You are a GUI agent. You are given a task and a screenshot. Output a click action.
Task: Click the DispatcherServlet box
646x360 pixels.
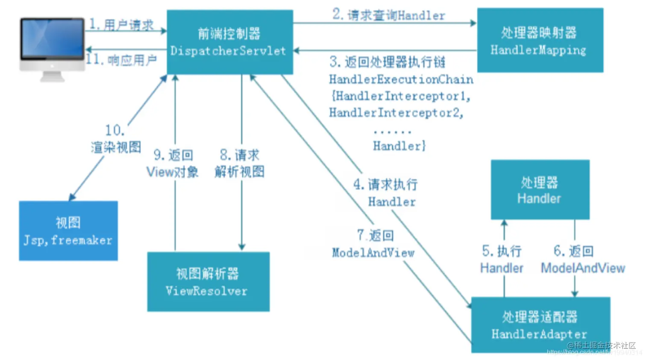[229, 42]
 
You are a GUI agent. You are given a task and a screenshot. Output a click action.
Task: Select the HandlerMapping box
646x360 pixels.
[540, 40]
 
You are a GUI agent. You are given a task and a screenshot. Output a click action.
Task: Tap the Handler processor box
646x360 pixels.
[540, 189]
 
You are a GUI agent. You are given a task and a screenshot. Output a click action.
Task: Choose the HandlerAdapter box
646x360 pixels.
[540, 325]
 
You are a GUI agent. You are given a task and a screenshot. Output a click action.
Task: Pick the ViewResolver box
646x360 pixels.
[208, 282]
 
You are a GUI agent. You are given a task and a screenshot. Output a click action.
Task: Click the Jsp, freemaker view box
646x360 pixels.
[68, 231]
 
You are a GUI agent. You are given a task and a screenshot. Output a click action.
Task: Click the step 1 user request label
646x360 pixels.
[121, 24]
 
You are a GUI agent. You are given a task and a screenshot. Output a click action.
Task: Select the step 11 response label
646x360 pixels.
[121, 60]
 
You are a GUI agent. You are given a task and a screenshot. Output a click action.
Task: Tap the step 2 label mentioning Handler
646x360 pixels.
[388, 15]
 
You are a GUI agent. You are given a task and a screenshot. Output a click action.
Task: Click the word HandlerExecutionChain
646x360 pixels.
[401, 80]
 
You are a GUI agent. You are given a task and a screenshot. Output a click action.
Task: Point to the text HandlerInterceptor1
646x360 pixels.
[401, 96]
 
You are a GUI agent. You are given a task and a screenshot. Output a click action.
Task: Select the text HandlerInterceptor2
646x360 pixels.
[396, 113]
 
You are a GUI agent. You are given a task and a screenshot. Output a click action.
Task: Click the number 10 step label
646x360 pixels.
[115, 130]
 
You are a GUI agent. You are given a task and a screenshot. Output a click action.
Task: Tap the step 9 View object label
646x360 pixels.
[173, 163]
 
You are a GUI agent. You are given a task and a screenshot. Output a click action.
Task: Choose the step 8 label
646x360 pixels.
[239, 163]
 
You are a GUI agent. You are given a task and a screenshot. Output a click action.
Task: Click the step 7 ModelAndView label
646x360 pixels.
[373, 244]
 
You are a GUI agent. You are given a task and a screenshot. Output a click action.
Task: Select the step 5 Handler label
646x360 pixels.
[502, 260]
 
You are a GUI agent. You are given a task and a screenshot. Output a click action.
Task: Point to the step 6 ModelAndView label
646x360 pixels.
[583, 260]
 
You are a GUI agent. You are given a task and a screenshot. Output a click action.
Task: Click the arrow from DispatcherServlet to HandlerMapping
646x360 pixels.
[385, 23]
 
